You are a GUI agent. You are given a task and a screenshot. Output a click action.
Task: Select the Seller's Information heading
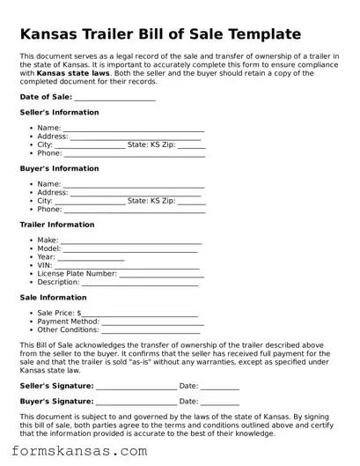[x=59, y=112]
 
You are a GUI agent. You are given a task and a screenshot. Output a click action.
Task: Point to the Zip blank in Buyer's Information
[x=191, y=202]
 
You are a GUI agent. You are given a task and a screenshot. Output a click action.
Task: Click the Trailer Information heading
[x=56, y=225]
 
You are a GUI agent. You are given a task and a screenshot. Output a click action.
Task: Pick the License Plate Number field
[x=161, y=275]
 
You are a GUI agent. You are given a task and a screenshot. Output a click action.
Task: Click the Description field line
[x=140, y=284]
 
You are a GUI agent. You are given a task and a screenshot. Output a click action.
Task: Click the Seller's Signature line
[x=136, y=387]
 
